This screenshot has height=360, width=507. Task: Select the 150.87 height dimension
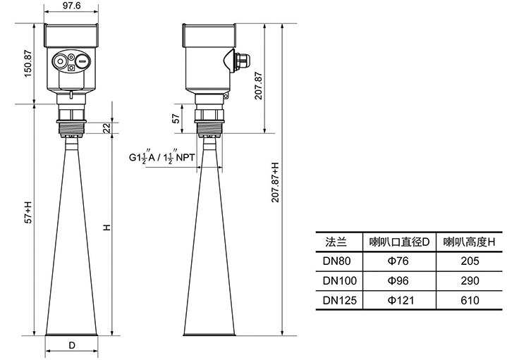click(29, 65)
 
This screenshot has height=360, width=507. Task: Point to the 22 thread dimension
click(106, 127)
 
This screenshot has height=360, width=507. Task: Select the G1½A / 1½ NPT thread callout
click(163, 157)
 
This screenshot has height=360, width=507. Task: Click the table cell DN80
click(337, 261)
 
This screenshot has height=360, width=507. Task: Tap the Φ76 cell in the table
click(399, 261)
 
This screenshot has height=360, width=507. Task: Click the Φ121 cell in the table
click(399, 300)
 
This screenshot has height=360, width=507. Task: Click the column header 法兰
click(337, 242)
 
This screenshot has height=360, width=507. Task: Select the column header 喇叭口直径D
click(399, 242)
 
